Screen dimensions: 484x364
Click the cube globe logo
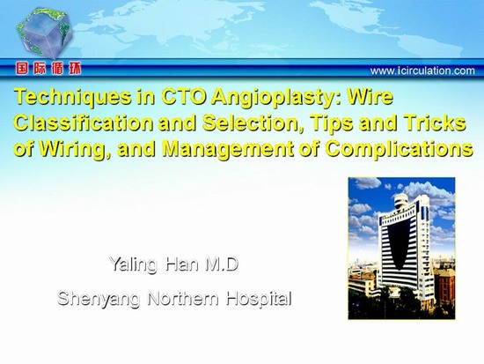(x=45, y=33)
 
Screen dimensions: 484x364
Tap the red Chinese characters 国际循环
(x=48, y=69)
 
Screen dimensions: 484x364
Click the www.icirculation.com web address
(x=422, y=71)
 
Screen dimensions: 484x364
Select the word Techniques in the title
(x=72, y=98)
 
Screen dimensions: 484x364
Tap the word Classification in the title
(x=84, y=123)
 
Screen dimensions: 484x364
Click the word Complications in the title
(x=400, y=149)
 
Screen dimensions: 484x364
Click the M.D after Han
(x=222, y=264)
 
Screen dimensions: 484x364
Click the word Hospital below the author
(x=259, y=299)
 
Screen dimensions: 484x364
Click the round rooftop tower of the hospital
(x=401, y=201)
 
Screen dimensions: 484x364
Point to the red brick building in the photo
(x=444, y=286)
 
